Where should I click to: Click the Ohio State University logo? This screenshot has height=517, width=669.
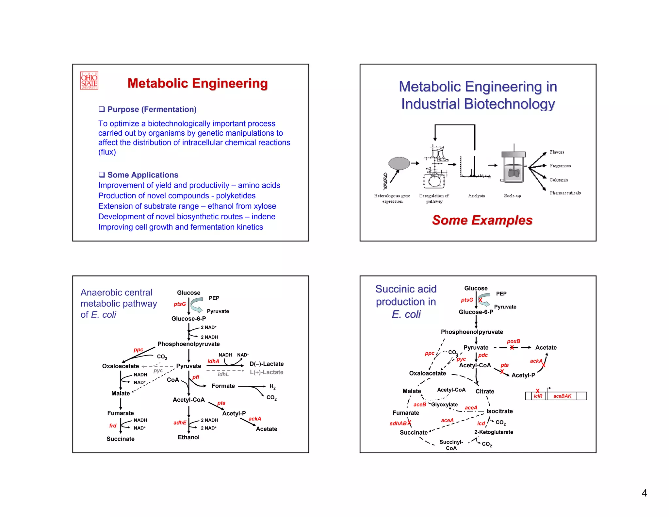(89, 81)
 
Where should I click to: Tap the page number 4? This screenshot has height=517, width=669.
(644, 493)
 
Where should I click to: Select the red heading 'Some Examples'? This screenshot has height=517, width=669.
(482, 220)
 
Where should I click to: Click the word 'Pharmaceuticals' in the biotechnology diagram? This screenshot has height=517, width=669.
(565, 193)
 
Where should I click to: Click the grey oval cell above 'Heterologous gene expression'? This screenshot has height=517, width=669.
(399, 163)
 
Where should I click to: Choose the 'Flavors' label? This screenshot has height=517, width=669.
(557, 152)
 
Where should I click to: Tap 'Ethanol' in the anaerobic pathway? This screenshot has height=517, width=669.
(188, 437)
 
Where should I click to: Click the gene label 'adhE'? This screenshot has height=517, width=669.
(180, 423)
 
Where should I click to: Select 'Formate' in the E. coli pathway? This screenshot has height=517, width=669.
(223, 386)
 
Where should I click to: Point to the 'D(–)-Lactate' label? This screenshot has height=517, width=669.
(267, 364)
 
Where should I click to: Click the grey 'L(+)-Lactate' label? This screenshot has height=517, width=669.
(267, 372)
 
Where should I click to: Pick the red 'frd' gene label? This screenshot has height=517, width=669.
(113, 425)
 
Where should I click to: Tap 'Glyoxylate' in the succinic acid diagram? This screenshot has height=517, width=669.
(444, 405)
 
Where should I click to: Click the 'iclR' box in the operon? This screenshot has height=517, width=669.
(538, 396)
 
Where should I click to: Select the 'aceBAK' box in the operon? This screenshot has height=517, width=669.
(562, 396)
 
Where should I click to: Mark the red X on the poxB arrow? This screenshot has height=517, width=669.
(512, 347)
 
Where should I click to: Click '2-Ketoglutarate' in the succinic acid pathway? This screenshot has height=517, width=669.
(494, 432)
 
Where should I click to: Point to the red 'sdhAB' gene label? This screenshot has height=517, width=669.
(398, 424)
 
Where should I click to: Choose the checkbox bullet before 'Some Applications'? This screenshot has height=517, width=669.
(102, 175)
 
